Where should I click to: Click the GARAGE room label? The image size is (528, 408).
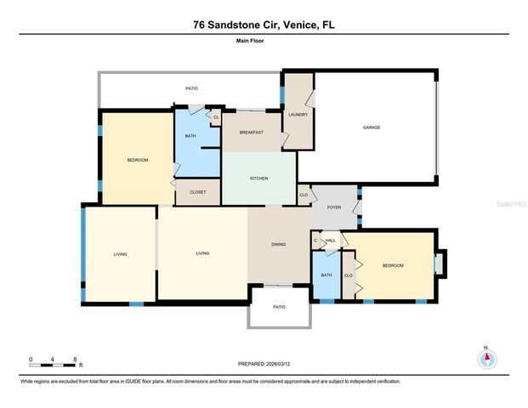[372, 127]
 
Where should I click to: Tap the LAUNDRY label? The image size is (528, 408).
[298, 115]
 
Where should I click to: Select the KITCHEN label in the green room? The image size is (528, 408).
[258, 178]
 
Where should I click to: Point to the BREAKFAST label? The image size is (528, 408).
[251, 133]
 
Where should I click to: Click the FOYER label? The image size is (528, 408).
[334, 207]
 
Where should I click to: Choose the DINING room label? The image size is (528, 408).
[278, 245]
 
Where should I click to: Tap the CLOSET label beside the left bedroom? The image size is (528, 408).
[197, 193]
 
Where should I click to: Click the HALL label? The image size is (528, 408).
[331, 241]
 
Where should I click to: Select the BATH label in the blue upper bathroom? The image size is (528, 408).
[190, 136]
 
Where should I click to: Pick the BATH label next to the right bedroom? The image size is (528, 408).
[326, 276]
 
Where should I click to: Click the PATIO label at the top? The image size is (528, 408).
[192, 88]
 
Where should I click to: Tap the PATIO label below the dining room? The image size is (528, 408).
[279, 307]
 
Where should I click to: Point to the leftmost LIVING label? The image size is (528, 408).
[120, 253]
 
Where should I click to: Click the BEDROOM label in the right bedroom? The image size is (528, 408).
[392, 266]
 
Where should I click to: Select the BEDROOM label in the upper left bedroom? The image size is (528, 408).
[138, 161]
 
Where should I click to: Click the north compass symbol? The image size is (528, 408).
[486, 358]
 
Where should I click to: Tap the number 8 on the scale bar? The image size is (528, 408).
[76, 360]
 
